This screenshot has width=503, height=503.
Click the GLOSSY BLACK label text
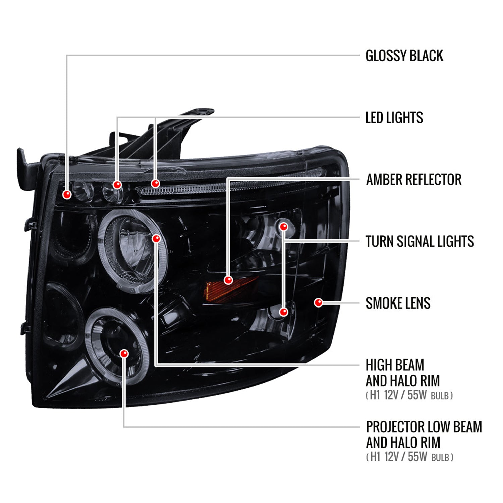[404, 56]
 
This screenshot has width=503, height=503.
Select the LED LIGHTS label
[394, 118]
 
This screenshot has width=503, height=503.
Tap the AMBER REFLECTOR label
[414, 179]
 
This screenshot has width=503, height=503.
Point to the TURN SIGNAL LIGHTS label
[420, 241]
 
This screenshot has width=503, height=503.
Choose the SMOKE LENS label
[398, 303]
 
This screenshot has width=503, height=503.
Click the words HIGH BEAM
[395, 365]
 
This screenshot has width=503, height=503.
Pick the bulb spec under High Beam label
[409, 395]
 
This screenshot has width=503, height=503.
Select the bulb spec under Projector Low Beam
[409, 457]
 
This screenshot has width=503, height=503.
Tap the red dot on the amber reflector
[228, 280]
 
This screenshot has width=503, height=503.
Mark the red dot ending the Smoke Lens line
[318, 303]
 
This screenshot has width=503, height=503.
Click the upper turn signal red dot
[284, 227]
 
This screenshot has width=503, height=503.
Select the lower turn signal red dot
[284, 312]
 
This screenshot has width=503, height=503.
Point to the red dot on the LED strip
[155, 183]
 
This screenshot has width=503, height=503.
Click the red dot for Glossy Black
[67, 194]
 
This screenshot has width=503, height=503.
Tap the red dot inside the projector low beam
[124, 353]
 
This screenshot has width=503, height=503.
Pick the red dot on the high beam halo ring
[156, 238]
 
